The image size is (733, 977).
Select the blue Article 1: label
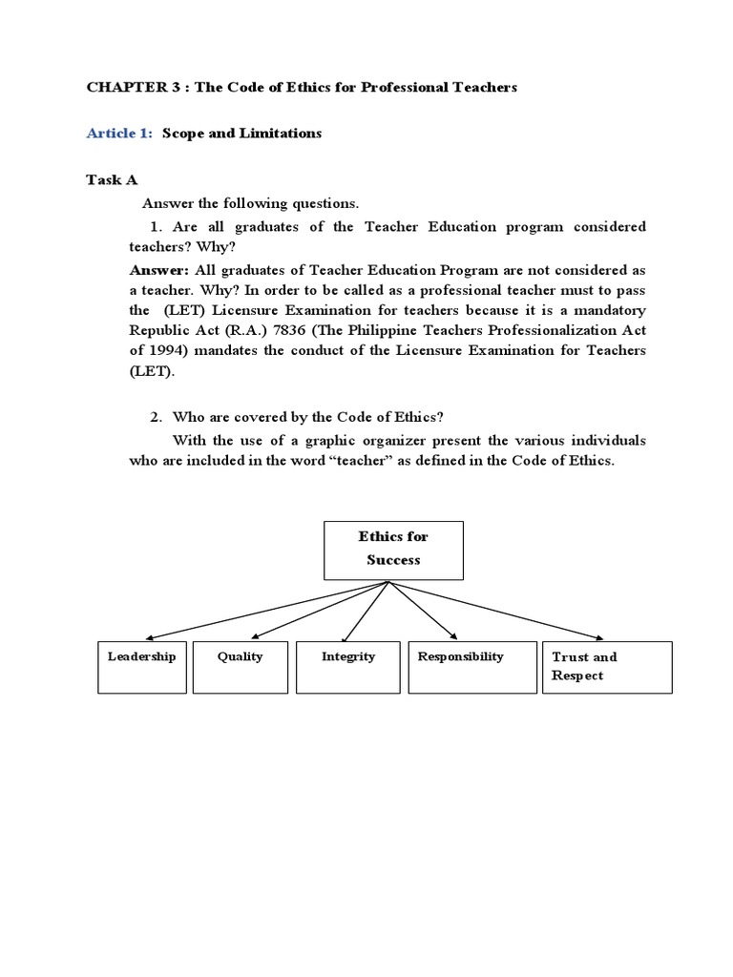pyautogui.click(x=119, y=134)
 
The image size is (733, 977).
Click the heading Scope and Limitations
pyautogui.click(x=241, y=134)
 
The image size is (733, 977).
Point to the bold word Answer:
pyautogui.click(x=158, y=269)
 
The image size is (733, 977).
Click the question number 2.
pyautogui.click(x=156, y=417)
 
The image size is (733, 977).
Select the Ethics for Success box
pyautogui.click(x=393, y=550)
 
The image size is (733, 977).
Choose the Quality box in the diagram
pyautogui.click(x=240, y=667)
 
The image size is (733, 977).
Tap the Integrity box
pyautogui.click(x=347, y=667)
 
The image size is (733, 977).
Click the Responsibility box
pyautogui.click(x=460, y=667)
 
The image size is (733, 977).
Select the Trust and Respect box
pyautogui.click(x=607, y=667)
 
